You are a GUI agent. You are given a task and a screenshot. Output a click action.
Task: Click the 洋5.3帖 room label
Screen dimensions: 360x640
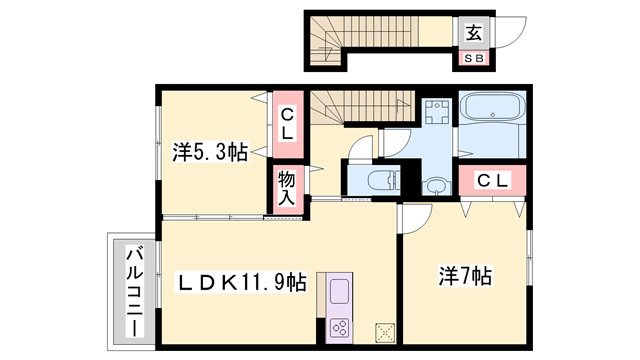(x=209, y=152)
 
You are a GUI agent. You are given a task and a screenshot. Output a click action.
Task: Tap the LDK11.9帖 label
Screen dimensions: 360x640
(x=241, y=282)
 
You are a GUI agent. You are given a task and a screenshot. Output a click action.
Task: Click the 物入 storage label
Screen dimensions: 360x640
(x=285, y=187)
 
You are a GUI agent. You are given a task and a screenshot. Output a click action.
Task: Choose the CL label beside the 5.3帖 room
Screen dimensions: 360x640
(x=286, y=123)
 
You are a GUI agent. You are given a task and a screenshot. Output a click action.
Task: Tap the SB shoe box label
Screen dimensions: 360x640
(x=473, y=58)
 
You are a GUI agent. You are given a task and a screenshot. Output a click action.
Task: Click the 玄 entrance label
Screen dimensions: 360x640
(x=473, y=33)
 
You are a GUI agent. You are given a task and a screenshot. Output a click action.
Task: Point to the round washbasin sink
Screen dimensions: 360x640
(x=436, y=184)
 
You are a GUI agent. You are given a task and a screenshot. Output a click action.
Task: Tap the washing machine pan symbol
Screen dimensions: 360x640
(x=436, y=112)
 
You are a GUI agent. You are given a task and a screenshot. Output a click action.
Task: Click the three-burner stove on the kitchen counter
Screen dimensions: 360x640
(x=337, y=327)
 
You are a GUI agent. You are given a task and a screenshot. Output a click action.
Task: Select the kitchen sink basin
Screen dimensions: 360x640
(x=337, y=294)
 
